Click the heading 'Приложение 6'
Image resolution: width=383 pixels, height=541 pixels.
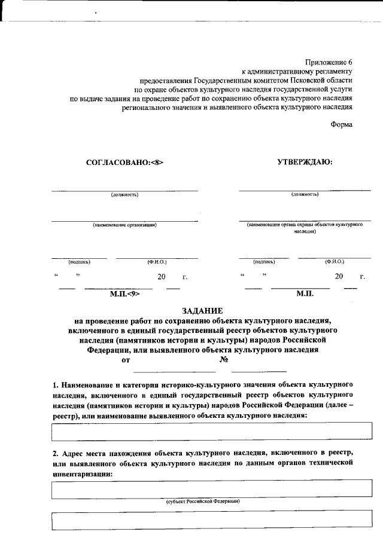329,62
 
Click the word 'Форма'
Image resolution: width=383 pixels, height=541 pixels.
341,124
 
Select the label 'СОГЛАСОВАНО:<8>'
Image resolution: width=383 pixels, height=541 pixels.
124,162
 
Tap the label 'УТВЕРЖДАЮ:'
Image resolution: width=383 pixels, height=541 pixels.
305,161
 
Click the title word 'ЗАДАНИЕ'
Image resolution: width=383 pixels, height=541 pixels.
202,310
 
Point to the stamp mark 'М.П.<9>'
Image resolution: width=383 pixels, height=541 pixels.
124,294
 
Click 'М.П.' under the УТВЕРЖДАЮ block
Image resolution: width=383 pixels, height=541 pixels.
305,294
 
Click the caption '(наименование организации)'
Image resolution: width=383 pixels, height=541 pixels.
124,225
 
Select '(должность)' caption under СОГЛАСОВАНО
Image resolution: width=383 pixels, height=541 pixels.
124,194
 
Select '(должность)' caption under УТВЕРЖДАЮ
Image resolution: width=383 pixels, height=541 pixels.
305,194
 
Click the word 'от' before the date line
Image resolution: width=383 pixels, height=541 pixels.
126,360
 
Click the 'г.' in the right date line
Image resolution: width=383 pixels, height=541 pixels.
363,277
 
